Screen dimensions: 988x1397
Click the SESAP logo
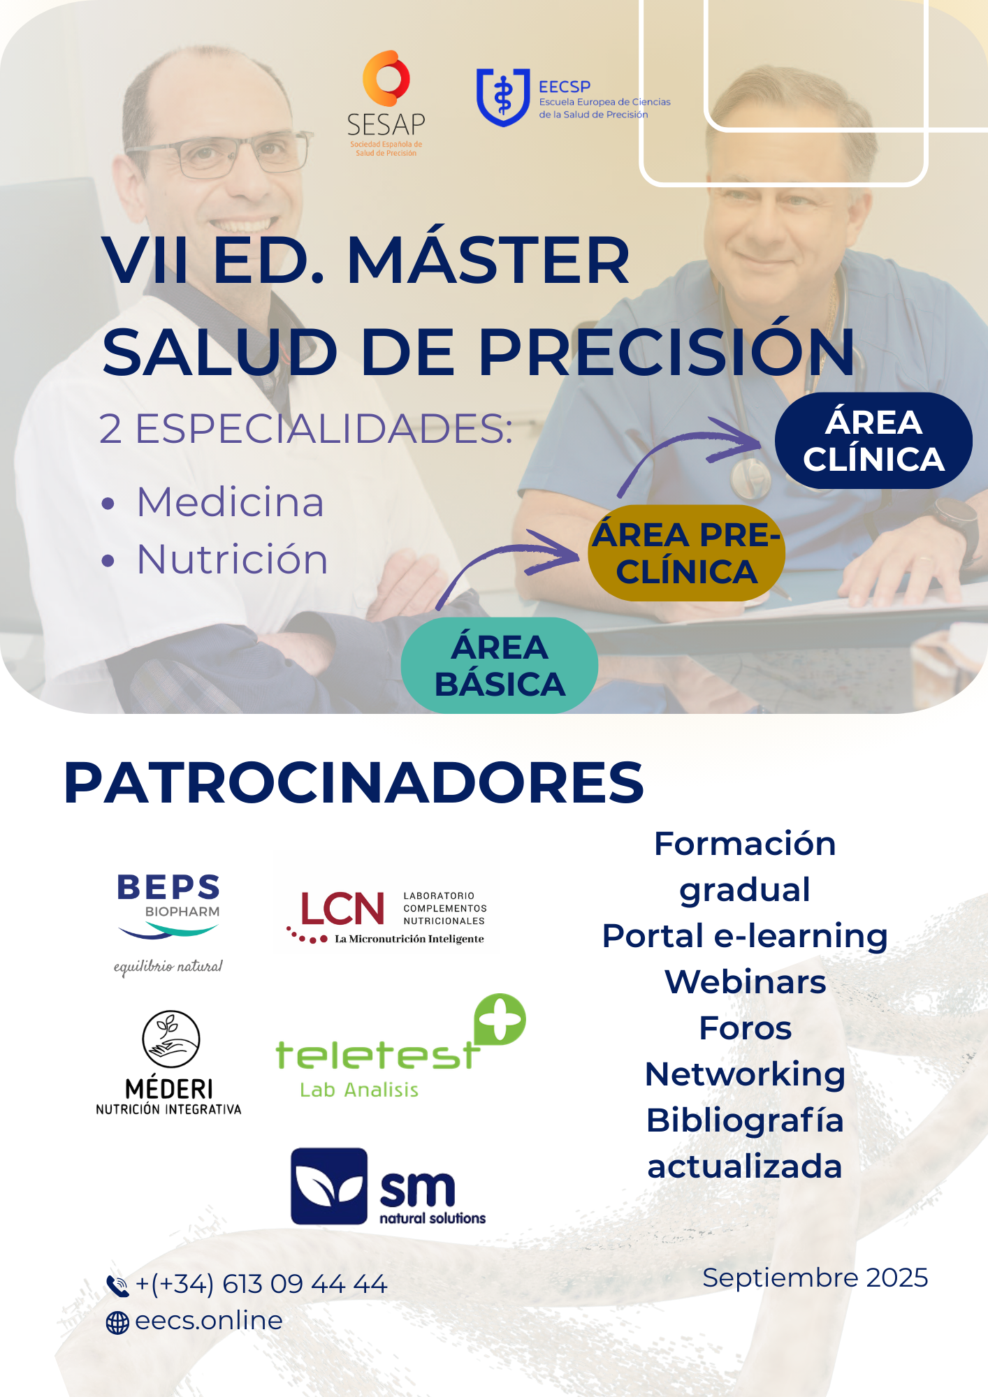(386, 103)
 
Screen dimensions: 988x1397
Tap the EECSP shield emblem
(503, 97)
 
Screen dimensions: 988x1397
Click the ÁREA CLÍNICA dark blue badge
(873, 441)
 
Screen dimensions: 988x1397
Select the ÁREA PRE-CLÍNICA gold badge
(687, 553)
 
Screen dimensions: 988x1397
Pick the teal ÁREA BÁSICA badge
(500, 665)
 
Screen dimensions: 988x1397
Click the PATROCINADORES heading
(354, 782)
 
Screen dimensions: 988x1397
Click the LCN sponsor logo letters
(342, 909)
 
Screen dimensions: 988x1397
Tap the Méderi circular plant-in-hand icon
(170, 1039)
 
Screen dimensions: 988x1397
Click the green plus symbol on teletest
(500, 1019)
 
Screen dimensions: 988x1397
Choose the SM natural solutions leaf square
(329, 1186)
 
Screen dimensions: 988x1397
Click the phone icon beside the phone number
(117, 1285)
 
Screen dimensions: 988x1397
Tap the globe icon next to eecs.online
(117, 1322)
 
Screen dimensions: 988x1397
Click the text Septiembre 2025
(815, 1278)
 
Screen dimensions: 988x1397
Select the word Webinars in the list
(746, 982)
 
